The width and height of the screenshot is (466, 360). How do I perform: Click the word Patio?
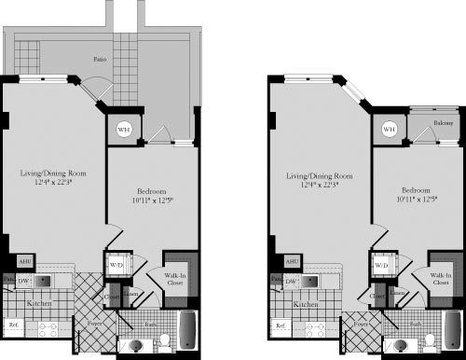point(98,58)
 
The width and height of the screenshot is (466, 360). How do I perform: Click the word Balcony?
point(443,122)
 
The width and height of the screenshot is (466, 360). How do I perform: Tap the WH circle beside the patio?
point(123,130)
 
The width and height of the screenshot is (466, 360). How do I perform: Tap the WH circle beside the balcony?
point(389,129)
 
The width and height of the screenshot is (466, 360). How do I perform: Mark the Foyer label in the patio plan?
point(95,325)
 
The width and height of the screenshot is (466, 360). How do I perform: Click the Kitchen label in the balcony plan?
point(304,304)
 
